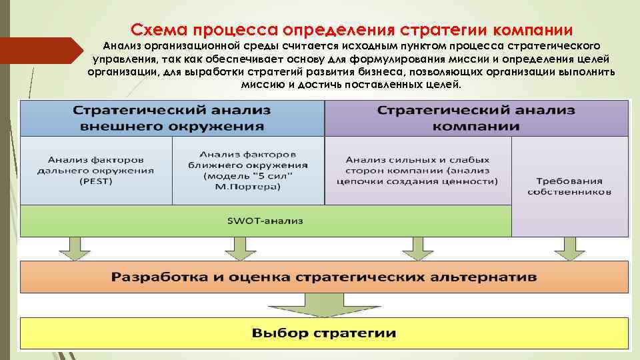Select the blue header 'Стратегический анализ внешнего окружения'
point(172,118)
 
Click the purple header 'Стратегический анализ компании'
point(476,118)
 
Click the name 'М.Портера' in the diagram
point(248,187)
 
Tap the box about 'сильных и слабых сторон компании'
point(417,170)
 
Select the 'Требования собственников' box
point(569,186)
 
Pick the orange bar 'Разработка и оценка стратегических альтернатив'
point(324,277)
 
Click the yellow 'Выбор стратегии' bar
point(324,333)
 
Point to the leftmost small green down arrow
point(73,248)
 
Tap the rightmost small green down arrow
point(570,248)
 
